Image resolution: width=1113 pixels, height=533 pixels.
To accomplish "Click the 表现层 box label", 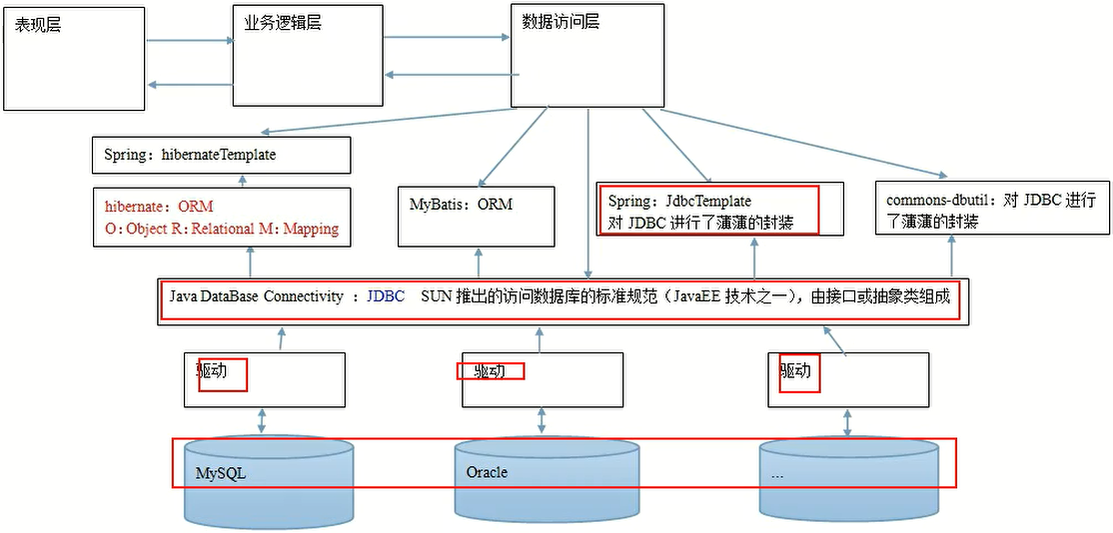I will [38, 25].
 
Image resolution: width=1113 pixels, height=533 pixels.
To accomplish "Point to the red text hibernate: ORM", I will [159, 207].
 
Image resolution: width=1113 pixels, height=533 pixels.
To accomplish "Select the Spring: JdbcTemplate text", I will [679, 201].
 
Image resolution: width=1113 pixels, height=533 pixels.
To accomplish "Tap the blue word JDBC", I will [386, 296].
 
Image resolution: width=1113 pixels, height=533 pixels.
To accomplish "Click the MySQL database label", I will [220, 474].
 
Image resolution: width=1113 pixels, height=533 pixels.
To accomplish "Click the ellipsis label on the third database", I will [777, 475].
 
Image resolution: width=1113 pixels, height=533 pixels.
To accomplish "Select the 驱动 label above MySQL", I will [212, 371].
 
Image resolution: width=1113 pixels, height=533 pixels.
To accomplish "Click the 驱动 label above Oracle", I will [489, 371].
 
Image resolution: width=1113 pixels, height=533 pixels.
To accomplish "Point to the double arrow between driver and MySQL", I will [262, 420].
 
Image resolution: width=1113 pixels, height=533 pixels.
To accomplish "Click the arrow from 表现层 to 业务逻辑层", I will [189, 41].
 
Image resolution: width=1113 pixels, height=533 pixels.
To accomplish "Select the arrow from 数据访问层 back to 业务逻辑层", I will [447, 75].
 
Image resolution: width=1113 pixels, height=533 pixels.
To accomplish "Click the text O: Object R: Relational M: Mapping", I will [221, 229].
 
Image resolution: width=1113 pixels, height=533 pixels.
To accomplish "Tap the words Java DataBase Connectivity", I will [256, 296].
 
